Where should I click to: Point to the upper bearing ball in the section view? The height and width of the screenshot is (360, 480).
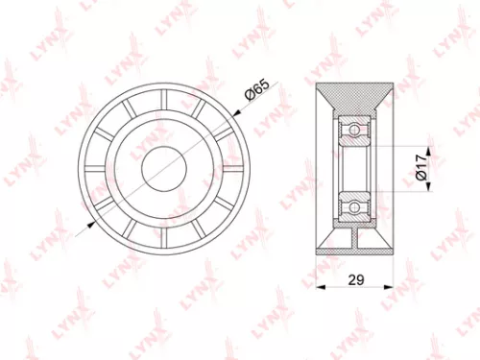[353, 128]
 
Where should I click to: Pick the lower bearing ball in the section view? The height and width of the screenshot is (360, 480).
[353, 205]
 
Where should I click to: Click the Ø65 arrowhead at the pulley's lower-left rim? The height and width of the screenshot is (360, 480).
[92, 224]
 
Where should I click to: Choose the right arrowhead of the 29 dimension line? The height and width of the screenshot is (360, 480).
[391, 287]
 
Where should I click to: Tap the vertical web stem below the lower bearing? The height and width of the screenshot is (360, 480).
[353, 237]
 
